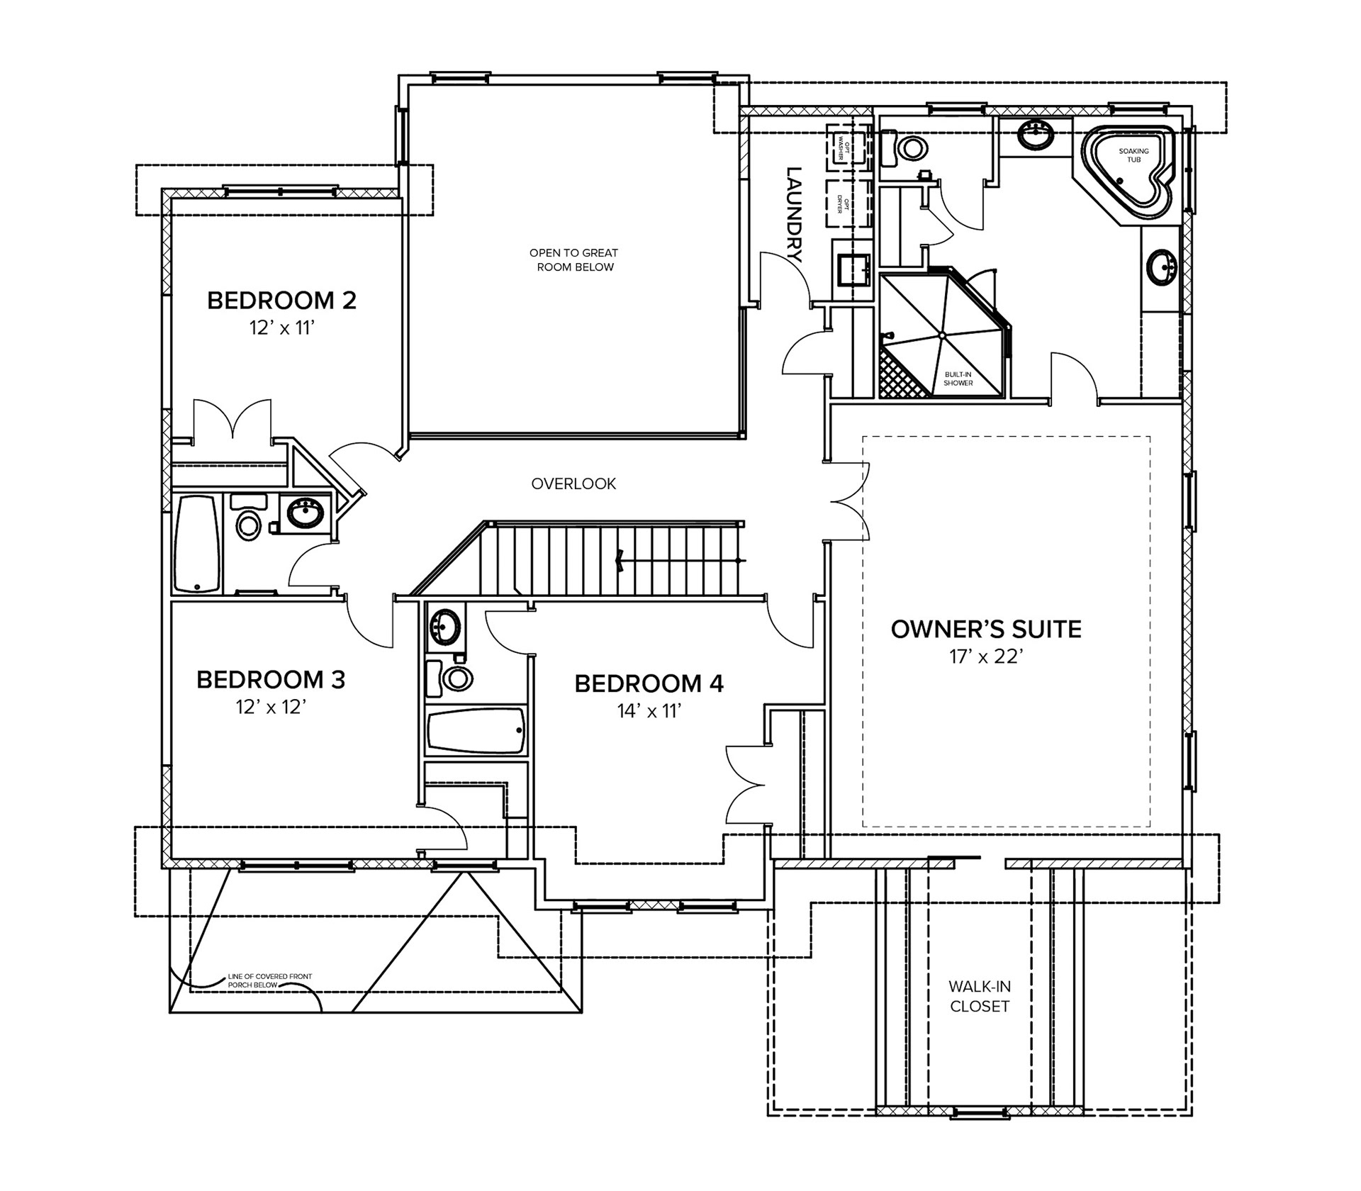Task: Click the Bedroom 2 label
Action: click(x=281, y=301)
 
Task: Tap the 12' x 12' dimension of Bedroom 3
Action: click(x=271, y=708)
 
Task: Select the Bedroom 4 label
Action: click(x=649, y=684)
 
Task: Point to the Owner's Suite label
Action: click(x=986, y=629)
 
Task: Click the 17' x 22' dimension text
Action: click(x=985, y=657)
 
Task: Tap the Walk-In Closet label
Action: click(x=980, y=996)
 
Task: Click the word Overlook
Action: click(x=573, y=484)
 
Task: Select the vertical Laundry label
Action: click(x=794, y=215)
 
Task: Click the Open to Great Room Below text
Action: click(x=573, y=259)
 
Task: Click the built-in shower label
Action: click(x=958, y=379)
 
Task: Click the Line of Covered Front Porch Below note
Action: click(x=269, y=980)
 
